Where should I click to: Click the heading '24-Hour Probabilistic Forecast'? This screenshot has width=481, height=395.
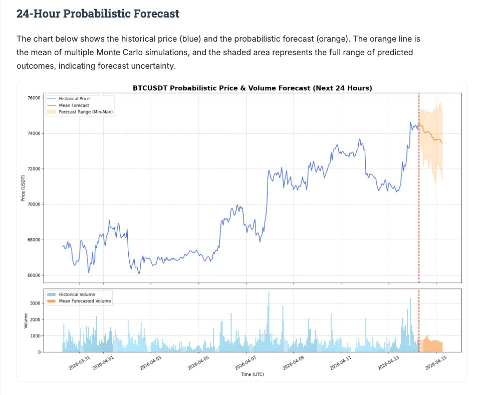click(98, 14)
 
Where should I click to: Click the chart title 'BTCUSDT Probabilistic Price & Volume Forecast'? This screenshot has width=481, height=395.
click(252, 88)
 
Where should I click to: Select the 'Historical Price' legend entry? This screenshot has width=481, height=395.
click(74, 99)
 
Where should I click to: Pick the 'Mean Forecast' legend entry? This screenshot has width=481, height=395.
click(74, 105)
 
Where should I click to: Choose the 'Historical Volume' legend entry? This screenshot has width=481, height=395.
click(77, 294)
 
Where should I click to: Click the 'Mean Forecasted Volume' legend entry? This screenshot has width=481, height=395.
click(85, 301)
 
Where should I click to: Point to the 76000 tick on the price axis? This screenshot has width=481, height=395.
click(33, 98)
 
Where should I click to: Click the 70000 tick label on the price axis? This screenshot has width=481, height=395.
click(33, 204)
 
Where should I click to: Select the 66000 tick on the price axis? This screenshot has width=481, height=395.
click(33, 275)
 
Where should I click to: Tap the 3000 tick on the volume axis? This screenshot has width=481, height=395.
click(35, 303)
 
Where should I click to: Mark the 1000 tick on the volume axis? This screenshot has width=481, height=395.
click(35, 336)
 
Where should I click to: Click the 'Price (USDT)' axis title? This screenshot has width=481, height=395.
click(23, 187)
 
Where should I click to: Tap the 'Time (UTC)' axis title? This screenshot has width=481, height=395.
click(252, 374)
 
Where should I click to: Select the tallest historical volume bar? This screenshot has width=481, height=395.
click(269, 321)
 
